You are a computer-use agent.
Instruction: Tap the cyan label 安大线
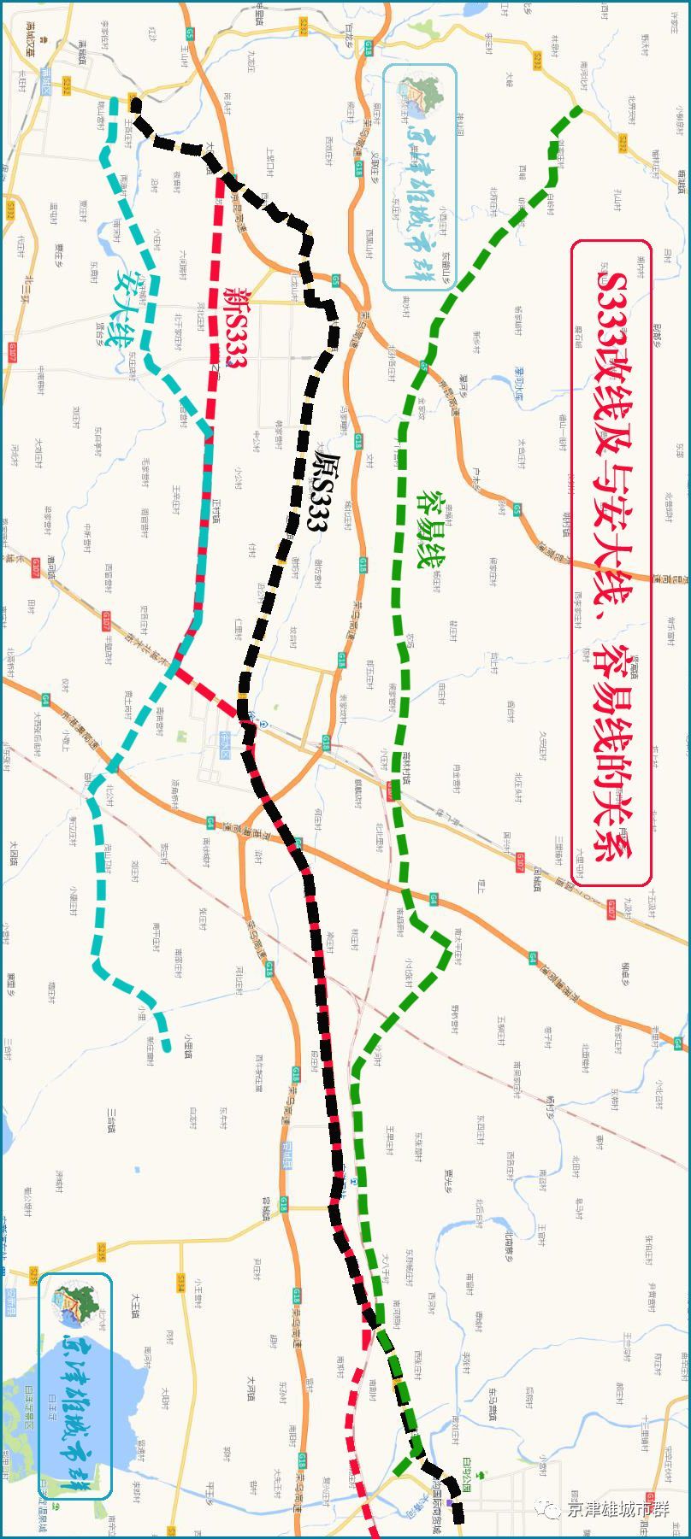(x=124, y=308)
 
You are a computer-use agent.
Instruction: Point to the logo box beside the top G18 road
(x=421, y=179)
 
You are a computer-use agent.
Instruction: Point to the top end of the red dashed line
(x=220, y=180)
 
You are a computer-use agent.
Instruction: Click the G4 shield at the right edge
(x=677, y=1043)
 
